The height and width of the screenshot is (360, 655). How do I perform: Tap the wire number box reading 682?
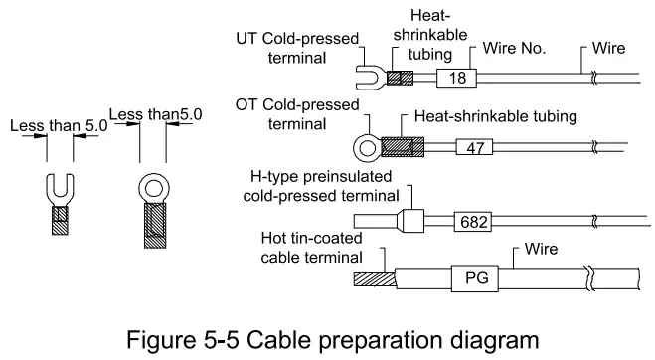pos(470,220)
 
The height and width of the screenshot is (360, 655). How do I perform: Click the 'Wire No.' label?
pos(516,49)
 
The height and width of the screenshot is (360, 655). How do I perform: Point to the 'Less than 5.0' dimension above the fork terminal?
pos(58,126)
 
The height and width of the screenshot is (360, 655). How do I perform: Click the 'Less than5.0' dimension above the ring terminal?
pos(156,114)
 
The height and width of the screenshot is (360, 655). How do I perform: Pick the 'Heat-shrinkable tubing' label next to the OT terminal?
pos(495,117)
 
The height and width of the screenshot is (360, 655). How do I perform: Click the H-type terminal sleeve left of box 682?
pos(411,220)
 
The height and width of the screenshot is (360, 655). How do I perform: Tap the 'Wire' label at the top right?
pos(608,48)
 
